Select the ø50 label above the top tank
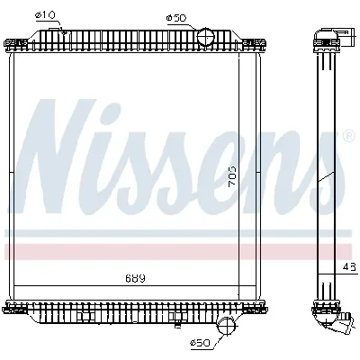point(178,17)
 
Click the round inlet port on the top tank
point(206,38)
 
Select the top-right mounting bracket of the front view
point(262,43)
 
